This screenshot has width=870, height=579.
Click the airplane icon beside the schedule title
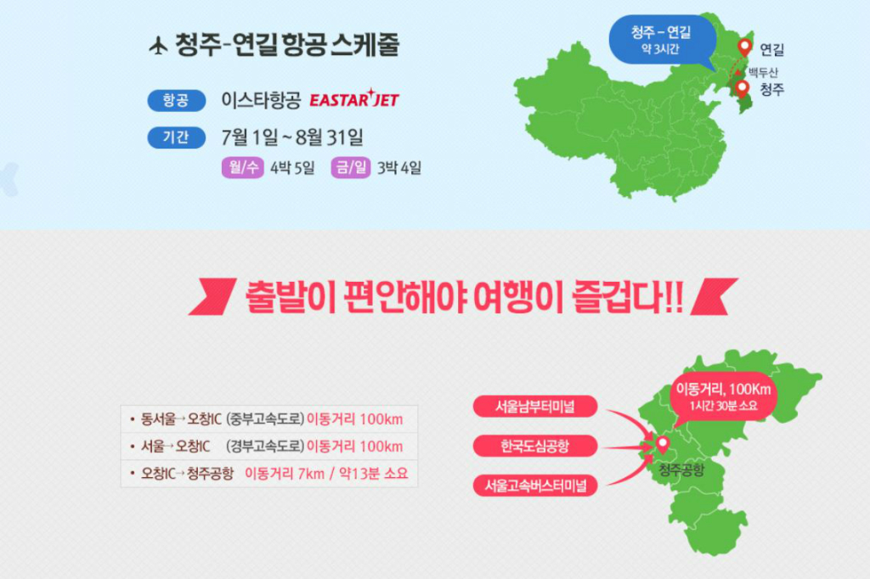click(158, 46)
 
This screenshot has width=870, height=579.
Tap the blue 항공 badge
click(177, 100)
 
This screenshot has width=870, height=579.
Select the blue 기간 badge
click(177, 137)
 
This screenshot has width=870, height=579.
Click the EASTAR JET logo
click(354, 99)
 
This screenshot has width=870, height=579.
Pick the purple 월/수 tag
click(242, 167)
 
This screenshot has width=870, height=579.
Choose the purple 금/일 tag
click(351, 167)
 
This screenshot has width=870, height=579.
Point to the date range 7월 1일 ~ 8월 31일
click(292, 137)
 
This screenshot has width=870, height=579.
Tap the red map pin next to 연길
click(744, 48)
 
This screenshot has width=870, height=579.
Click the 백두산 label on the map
click(764, 72)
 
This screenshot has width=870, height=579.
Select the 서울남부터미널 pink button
click(535, 407)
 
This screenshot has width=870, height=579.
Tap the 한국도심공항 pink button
click(535, 446)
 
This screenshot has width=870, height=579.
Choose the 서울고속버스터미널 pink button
click(535, 486)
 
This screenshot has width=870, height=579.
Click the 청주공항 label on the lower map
click(681, 470)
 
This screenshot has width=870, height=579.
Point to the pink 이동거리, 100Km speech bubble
click(723, 396)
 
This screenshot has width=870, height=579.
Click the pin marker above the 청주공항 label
click(663, 445)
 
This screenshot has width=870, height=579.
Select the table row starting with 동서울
click(269, 419)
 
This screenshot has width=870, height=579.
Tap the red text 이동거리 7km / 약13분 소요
click(326, 474)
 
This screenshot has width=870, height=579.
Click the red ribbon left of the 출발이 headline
click(212, 296)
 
